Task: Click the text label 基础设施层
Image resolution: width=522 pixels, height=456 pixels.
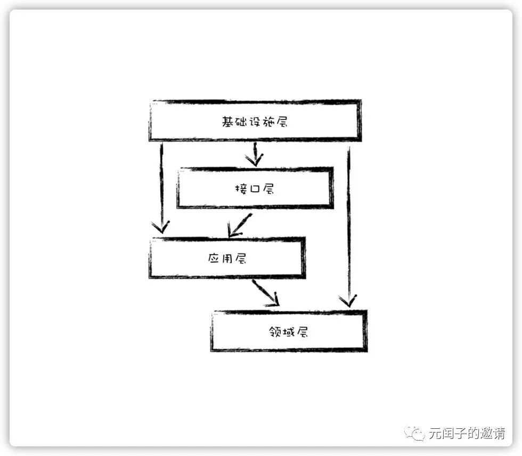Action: point(255,121)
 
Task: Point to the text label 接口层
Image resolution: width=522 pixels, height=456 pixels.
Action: point(255,189)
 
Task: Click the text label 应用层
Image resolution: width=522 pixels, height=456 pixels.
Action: point(226,259)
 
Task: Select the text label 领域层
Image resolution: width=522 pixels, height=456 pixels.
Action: point(289,332)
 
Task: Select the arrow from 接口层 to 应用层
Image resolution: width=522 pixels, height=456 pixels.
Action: point(239,224)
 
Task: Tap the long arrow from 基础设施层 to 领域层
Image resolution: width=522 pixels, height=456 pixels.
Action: point(349,224)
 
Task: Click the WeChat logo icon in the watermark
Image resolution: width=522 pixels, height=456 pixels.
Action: point(414,433)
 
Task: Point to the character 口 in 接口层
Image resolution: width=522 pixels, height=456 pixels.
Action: point(255,189)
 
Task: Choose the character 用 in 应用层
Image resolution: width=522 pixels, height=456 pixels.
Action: point(226,259)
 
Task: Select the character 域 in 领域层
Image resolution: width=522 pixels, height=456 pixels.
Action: point(289,332)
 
